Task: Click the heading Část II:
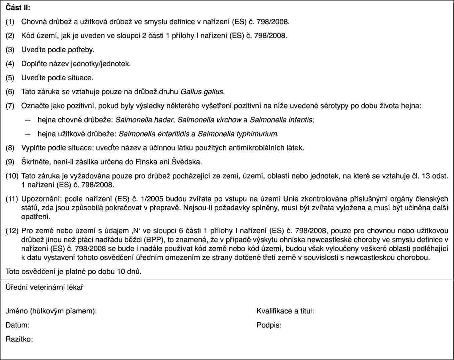18,8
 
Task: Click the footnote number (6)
10,91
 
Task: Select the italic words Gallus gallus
202,91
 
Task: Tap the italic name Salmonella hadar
144,120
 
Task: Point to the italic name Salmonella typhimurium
237,134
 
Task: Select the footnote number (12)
12,231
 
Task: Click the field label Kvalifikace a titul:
285,311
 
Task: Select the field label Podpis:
269,325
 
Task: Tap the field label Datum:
17,325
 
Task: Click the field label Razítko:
19,339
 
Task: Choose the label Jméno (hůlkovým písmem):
51,311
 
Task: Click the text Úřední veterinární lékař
45,287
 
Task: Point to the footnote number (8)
10,148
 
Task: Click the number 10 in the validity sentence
121,272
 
